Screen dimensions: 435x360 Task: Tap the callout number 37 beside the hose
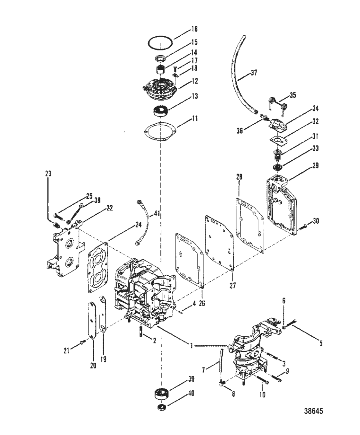click(254, 73)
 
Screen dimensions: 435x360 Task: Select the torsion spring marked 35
click(277, 103)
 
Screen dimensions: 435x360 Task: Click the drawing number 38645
click(313, 411)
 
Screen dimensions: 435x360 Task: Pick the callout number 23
click(48, 174)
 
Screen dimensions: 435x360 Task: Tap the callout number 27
click(232, 285)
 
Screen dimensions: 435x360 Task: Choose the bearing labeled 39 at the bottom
click(161, 394)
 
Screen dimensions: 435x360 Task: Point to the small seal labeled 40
click(162, 408)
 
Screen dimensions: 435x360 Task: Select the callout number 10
click(262, 394)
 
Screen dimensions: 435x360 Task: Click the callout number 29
click(315, 165)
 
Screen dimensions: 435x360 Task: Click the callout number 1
click(192, 346)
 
